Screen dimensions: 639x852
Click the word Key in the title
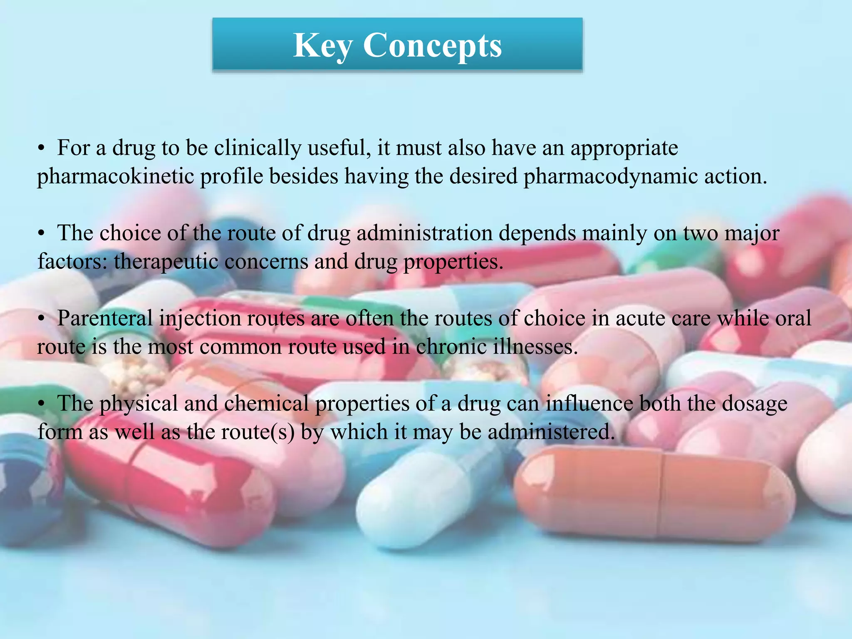322,46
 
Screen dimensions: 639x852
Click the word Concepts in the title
432,46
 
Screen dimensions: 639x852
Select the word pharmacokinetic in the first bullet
115,176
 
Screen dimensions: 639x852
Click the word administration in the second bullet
424,233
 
